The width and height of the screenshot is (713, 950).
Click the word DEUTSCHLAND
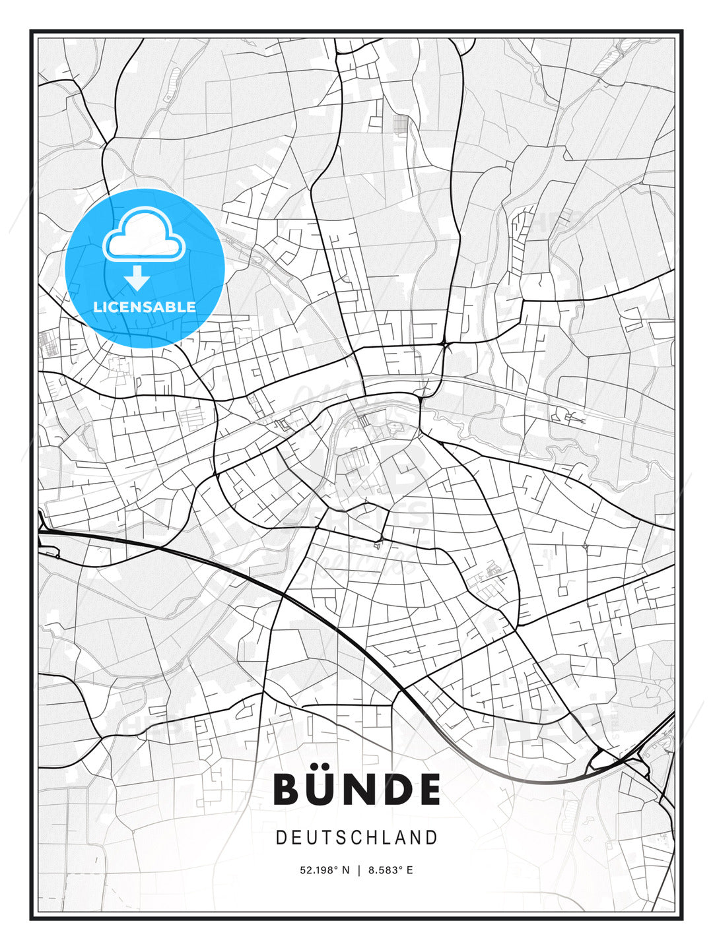point(356,838)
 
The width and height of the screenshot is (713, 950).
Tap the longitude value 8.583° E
point(391,870)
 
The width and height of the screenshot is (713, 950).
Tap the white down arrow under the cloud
point(137,278)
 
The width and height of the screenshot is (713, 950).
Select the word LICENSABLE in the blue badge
point(145,307)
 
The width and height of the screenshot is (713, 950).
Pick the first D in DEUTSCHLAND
point(281,838)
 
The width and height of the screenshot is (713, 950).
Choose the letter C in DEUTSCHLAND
point(343,838)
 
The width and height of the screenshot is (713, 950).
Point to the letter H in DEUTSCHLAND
point(358,838)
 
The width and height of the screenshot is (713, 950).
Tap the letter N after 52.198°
point(345,870)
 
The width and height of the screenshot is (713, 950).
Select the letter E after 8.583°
point(409,870)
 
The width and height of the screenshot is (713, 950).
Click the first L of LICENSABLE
point(97,307)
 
